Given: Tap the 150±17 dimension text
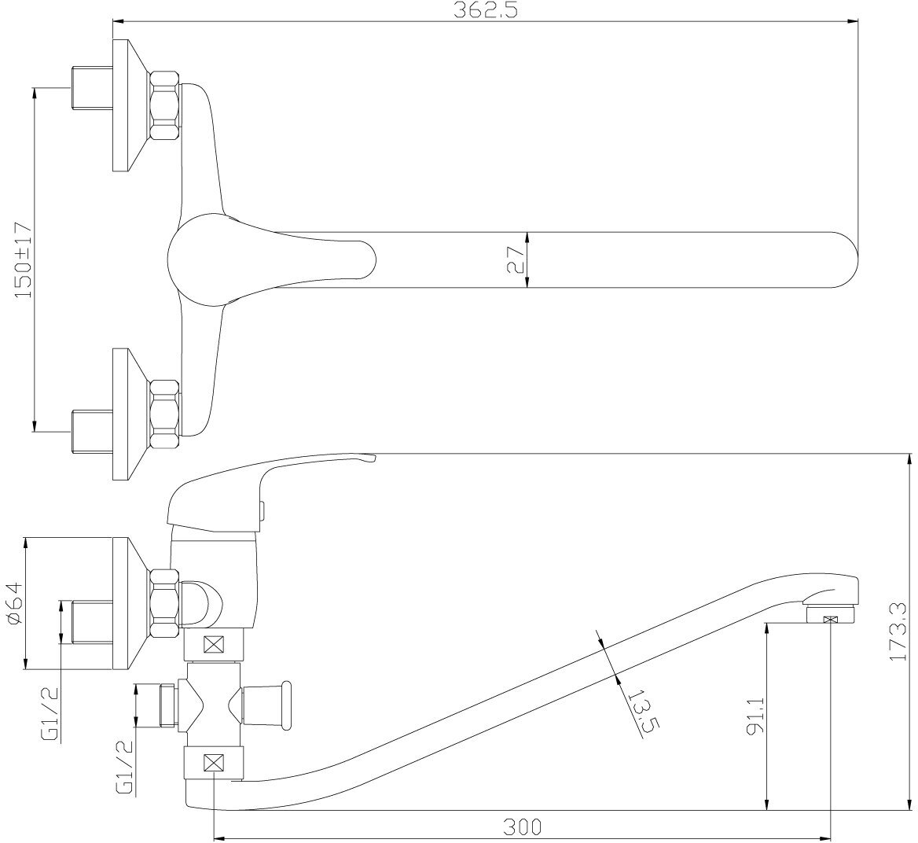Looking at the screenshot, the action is pos(23,260).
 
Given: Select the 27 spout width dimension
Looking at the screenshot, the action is pos(516,260).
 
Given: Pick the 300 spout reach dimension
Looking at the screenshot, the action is pos(523,826).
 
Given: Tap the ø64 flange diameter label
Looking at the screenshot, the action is pos(13,603).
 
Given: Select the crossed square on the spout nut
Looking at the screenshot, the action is pos(214,762).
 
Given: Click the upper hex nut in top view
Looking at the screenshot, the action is pos(164,105).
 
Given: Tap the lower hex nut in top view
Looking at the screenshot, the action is pos(164,410).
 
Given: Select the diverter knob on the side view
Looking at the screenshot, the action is pos(271,705).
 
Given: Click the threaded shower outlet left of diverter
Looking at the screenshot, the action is pos(166,705).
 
